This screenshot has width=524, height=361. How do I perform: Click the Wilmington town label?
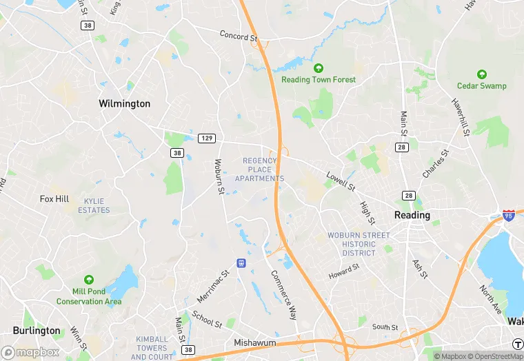tap(124, 103)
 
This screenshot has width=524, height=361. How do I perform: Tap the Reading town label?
tap(412, 215)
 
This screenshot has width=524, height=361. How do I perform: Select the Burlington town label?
tap(36, 331)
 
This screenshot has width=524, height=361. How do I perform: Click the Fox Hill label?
tap(54, 199)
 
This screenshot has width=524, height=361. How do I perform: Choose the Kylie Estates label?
tap(97, 205)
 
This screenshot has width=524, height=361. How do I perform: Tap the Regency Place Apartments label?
tap(259, 169)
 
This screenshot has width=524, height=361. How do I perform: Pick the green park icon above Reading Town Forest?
tap(319, 68)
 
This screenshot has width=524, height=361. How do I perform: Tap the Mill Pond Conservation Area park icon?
tap(89, 280)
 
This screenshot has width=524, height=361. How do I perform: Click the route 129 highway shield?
tap(206, 138)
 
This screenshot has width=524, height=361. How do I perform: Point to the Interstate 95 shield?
tap(509, 216)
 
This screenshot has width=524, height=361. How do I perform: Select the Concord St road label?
tap(238, 35)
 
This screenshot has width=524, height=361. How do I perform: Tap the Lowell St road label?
tap(341, 181)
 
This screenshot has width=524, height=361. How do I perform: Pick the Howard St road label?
tap(344, 271)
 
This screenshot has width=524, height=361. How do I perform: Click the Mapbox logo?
tap(30, 352)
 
